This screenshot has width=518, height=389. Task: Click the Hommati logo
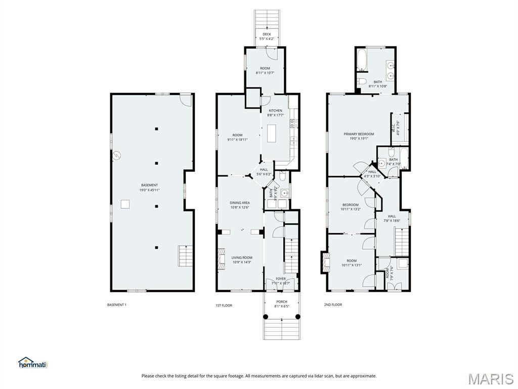point(32,363)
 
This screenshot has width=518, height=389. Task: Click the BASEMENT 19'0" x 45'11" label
point(149,187)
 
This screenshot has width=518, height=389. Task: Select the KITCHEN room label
point(275,112)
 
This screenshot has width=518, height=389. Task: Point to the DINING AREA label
point(240,205)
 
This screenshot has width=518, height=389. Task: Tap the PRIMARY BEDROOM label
point(359,136)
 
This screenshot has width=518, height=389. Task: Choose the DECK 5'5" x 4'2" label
point(267,36)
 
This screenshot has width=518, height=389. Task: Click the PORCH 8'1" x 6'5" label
point(281,304)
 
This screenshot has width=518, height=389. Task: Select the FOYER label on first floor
point(280,281)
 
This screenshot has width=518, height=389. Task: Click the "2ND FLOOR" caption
point(333,305)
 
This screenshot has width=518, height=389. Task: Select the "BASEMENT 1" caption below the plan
point(117,305)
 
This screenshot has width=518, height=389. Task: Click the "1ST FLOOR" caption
point(224,305)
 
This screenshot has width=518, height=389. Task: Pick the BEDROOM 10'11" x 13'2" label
point(350,207)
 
